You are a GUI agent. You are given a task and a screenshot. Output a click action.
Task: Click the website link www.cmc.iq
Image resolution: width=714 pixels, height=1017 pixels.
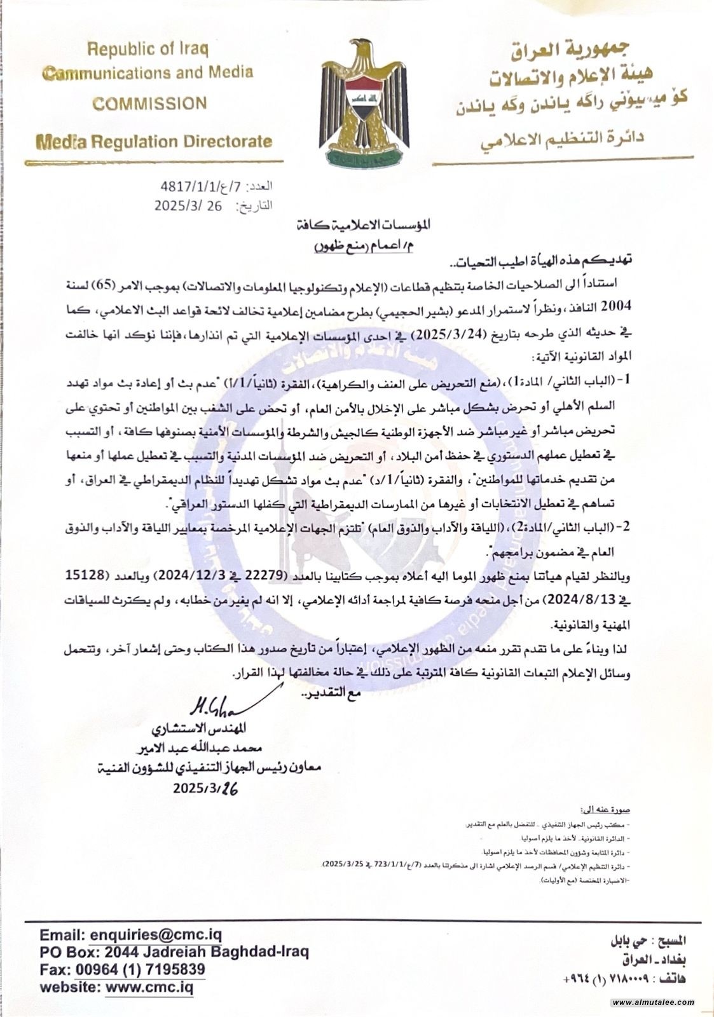point(149,987)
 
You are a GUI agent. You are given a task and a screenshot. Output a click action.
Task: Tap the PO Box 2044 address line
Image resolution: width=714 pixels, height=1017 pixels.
point(175,952)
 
